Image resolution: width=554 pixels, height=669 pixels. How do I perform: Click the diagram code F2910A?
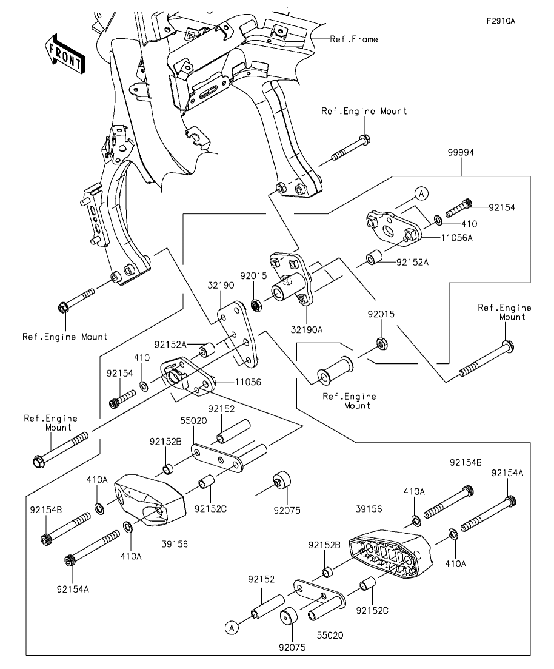pyautogui.click(x=500, y=21)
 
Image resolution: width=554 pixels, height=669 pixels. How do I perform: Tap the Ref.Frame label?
pyautogui.click(x=353, y=39)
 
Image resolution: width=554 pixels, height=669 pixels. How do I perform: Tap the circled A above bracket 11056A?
pyautogui.click(x=422, y=193)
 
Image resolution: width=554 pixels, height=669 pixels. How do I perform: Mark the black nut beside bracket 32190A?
pyautogui.click(x=256, y=303)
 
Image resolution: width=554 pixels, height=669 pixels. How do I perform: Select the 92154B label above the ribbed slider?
pyautogui.click(x=465, y=462)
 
